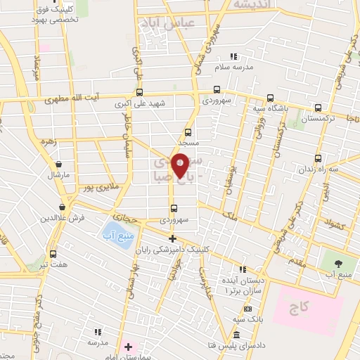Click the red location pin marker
coord(180,164)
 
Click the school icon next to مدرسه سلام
coord(234,56)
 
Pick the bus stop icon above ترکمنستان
coord(319,108)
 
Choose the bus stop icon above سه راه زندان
coord(319,158)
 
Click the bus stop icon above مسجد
coord(188,131)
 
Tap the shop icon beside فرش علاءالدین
coord(64,207)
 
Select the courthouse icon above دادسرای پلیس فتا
coord(238,334)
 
